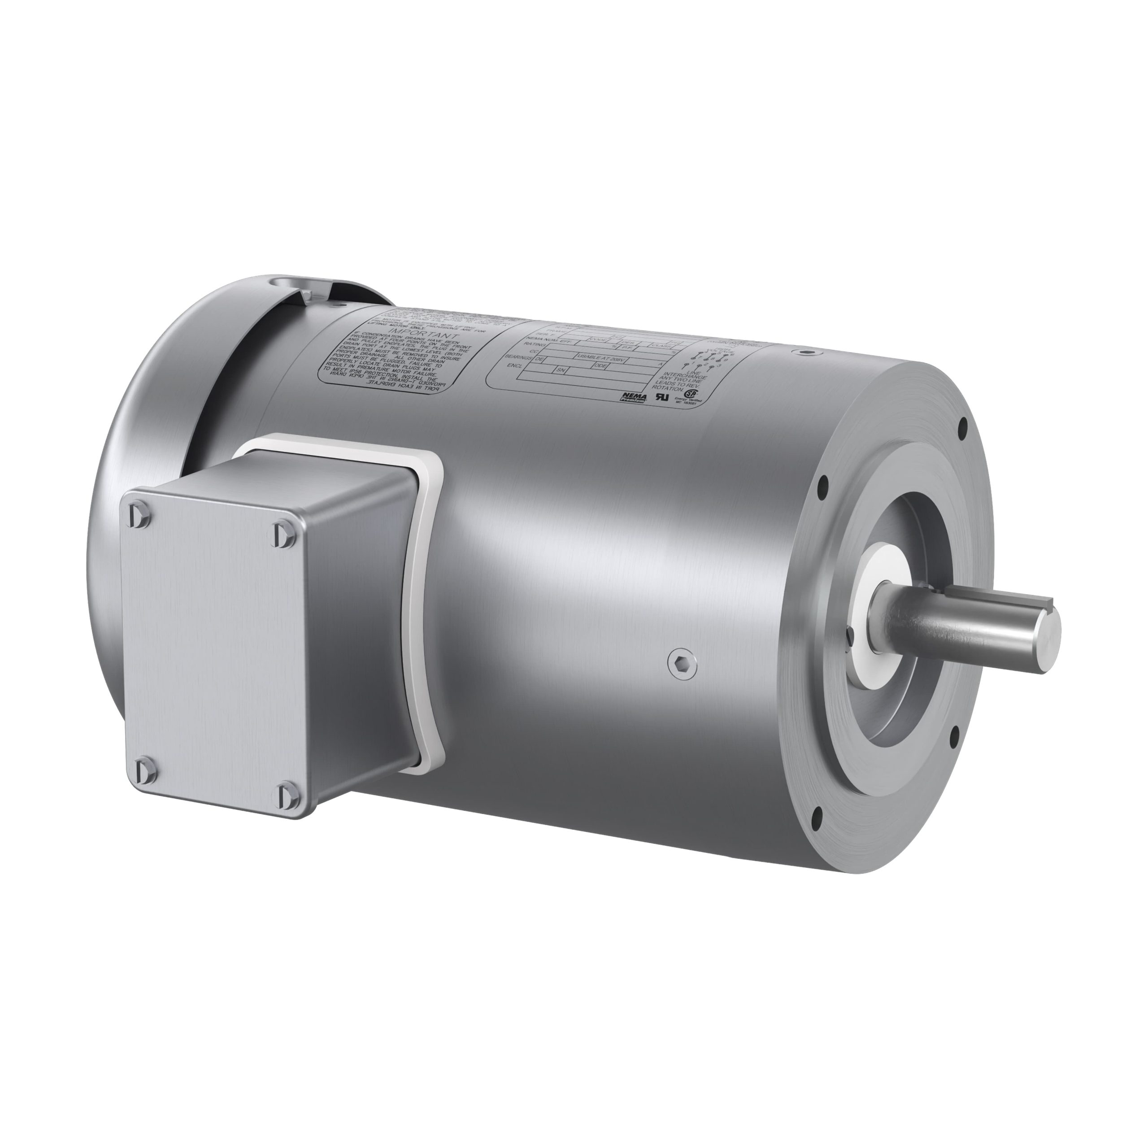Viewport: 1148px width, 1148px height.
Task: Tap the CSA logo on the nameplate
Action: coord(691,394)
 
